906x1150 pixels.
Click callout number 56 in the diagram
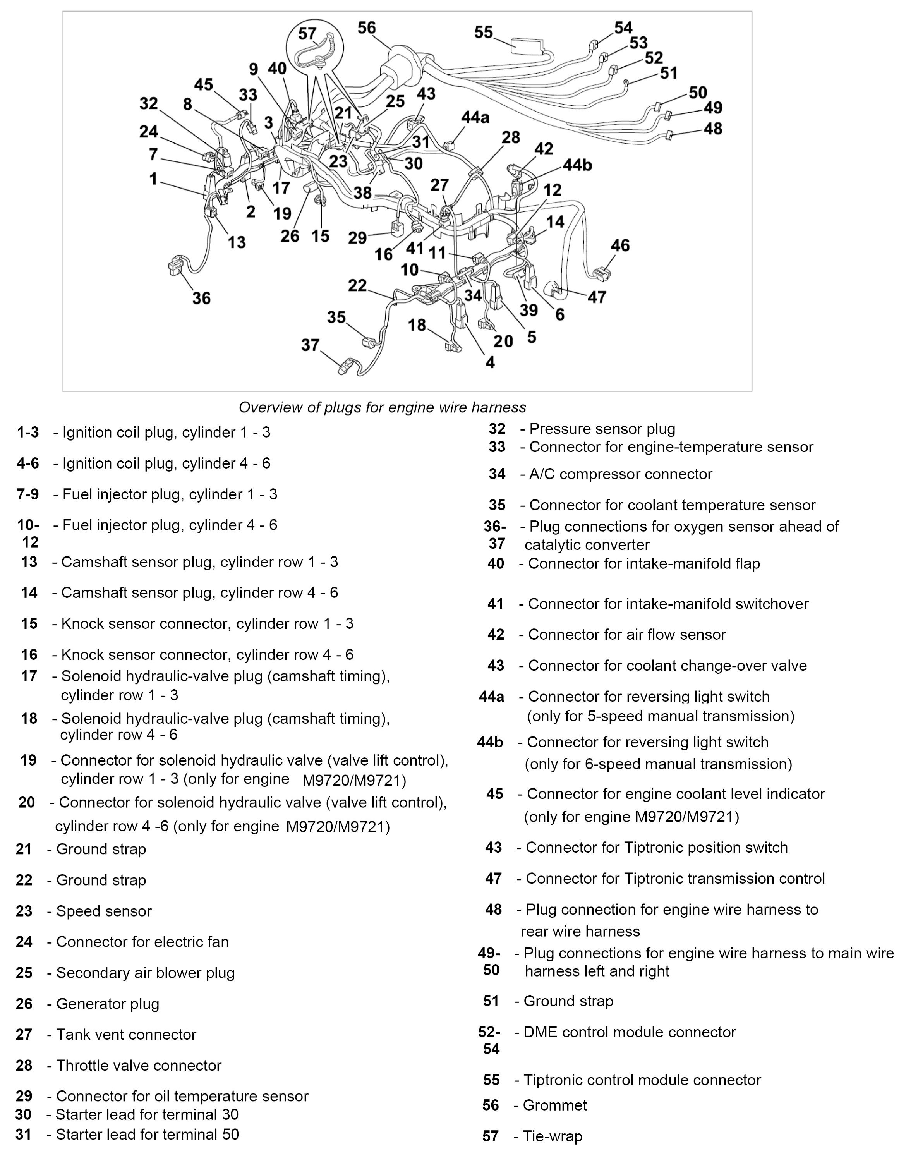point(367,28)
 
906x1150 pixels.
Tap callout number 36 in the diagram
point(202,298)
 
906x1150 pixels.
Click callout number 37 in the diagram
point(310,345)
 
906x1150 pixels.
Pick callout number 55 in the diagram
point(483,33)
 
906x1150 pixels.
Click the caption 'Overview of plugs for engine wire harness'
point(382,407)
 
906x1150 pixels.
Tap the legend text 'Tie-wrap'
point(552,1136)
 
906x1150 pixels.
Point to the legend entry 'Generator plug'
point(108,1004)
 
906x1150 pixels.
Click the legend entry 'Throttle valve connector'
point(139,1065)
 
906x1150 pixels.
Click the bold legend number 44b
point(490,742)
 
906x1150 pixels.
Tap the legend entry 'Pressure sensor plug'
point(602,429)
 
